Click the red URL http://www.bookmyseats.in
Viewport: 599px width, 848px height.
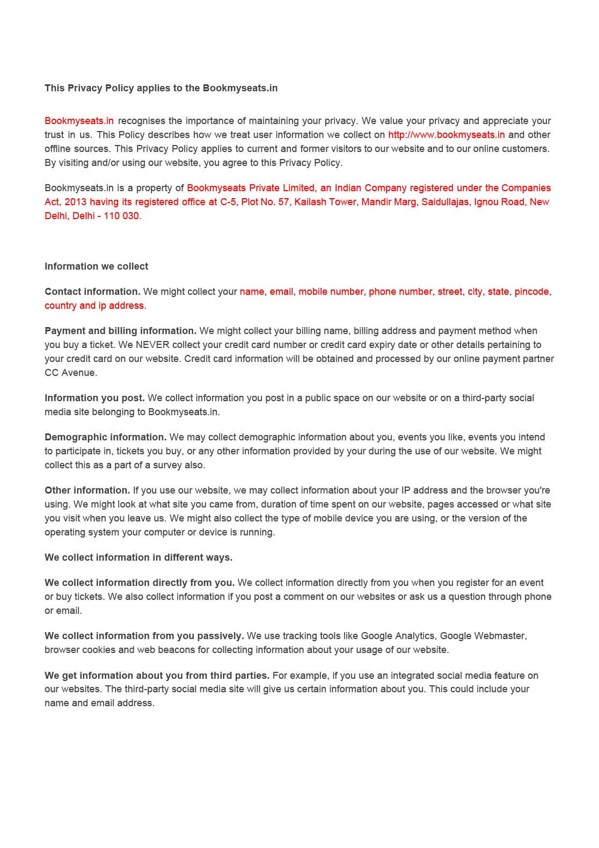(446, 135)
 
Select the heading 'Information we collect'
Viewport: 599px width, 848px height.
(96, 266)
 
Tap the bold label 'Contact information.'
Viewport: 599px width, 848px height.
(92, 292)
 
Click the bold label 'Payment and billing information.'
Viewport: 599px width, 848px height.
(120, 331)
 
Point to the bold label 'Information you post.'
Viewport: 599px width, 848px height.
(94, 398)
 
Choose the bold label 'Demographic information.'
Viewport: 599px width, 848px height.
(105, 437)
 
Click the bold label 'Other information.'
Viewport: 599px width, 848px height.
(87, 490)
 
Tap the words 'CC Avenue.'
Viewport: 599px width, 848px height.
(71, 373)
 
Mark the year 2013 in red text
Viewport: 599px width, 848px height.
(76, 202)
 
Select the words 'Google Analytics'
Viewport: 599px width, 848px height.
(398, 636)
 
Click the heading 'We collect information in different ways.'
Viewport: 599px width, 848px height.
(138, 557)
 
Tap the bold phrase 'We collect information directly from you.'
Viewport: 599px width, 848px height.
(140, 583)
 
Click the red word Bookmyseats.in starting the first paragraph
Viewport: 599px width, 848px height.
(79, 121)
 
